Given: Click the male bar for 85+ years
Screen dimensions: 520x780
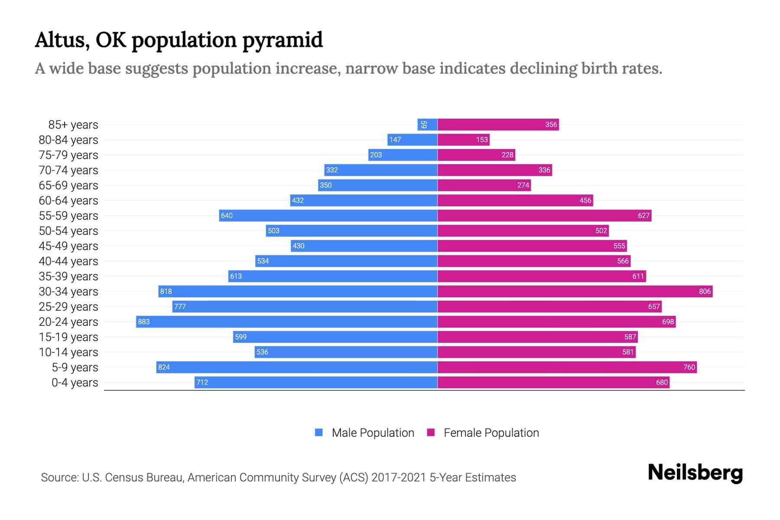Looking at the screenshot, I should tap(427, 125).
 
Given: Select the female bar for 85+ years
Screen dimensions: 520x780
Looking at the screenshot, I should tap(498, 125).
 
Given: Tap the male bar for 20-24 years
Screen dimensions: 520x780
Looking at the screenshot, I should tap(286, 322).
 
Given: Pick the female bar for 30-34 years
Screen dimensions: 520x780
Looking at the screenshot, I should tap(575, 292).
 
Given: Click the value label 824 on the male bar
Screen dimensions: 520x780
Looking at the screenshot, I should tap(164, 367).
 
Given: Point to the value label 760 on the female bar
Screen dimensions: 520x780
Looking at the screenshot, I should tap(689, 367).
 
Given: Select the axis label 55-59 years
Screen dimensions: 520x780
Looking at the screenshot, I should tap(68, 216).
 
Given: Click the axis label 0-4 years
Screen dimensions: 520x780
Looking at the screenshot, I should tap(75, 383).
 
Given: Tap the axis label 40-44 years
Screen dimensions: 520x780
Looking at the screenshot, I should tap(68, 261).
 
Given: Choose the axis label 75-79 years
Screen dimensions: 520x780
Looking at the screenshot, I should tap(68, 155).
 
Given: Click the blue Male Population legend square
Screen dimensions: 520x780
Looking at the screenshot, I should tap(319, 432).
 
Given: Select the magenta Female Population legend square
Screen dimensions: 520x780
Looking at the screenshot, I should tap(431, 432).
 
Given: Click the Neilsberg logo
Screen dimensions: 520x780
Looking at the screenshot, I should tap(695, 473).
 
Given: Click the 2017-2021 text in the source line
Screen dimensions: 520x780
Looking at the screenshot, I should tap(399, 478).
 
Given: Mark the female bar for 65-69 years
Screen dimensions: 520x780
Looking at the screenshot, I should tap(484, 185).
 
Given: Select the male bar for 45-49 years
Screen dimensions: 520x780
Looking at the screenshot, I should tap(364, 246).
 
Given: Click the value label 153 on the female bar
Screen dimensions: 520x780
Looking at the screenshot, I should tap(482, 140).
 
